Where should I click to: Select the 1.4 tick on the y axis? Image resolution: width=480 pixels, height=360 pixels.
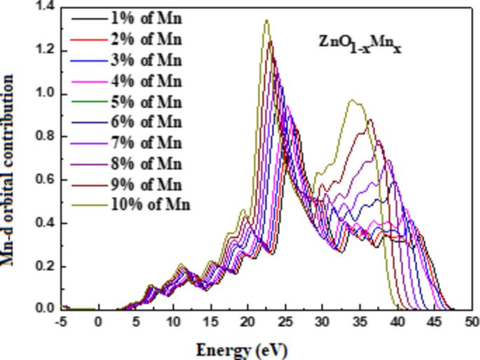click(x=43, y=7)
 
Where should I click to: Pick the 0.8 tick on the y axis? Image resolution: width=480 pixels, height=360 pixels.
click(x=43, y=137)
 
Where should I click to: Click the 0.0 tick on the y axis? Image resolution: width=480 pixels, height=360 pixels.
click(x=43, y=309)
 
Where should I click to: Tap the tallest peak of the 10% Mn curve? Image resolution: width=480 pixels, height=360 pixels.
click(x=266, y=20)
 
